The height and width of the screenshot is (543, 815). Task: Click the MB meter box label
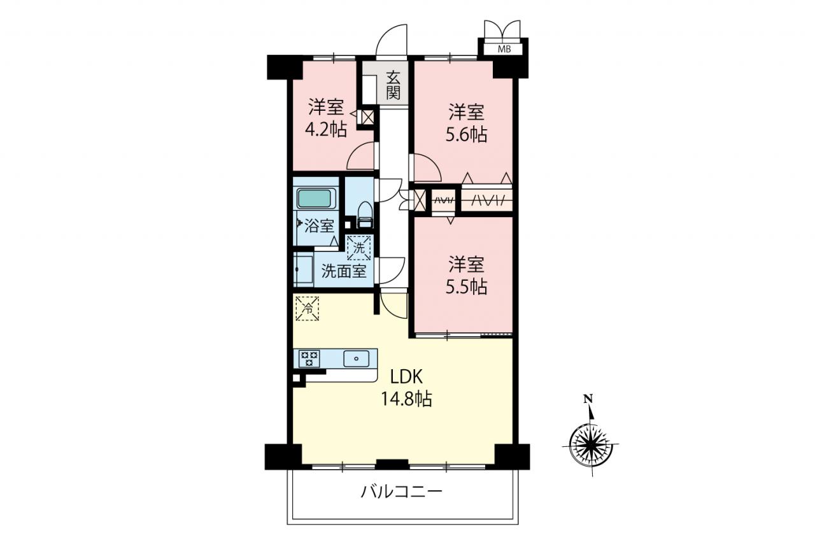click(x=504, y=49)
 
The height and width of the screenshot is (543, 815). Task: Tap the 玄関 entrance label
click(x=393, y=86)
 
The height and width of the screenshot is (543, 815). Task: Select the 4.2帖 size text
click(x=326, y=129)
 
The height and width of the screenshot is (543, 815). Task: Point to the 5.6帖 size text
click(x=467, y=135)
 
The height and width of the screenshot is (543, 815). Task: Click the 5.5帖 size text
click(x=467, y=287)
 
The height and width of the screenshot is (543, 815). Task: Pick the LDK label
click(x=406, y=377)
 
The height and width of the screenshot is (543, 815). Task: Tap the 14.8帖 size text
click(x=406, y=398)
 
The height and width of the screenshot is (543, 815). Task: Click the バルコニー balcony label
click(x=402, y=493)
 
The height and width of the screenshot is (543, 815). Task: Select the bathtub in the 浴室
click(x=316, y=199)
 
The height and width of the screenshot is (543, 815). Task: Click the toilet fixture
click(x=365, y=215)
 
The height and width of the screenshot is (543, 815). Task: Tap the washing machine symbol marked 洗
click(x=358, y=248)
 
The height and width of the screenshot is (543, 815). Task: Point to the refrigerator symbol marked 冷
click(x=308, y=309)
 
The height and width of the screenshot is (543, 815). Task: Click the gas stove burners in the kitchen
click(x=309, y=358)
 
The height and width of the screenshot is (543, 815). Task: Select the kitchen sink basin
click(x=356, y=358)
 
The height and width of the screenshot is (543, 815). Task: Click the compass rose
click(x=590, y=444)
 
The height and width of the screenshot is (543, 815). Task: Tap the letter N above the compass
click(x=588, y=399)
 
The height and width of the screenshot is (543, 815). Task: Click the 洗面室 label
click(x=343, y=271)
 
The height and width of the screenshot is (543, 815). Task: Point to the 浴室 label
click(x=319, y=226)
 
